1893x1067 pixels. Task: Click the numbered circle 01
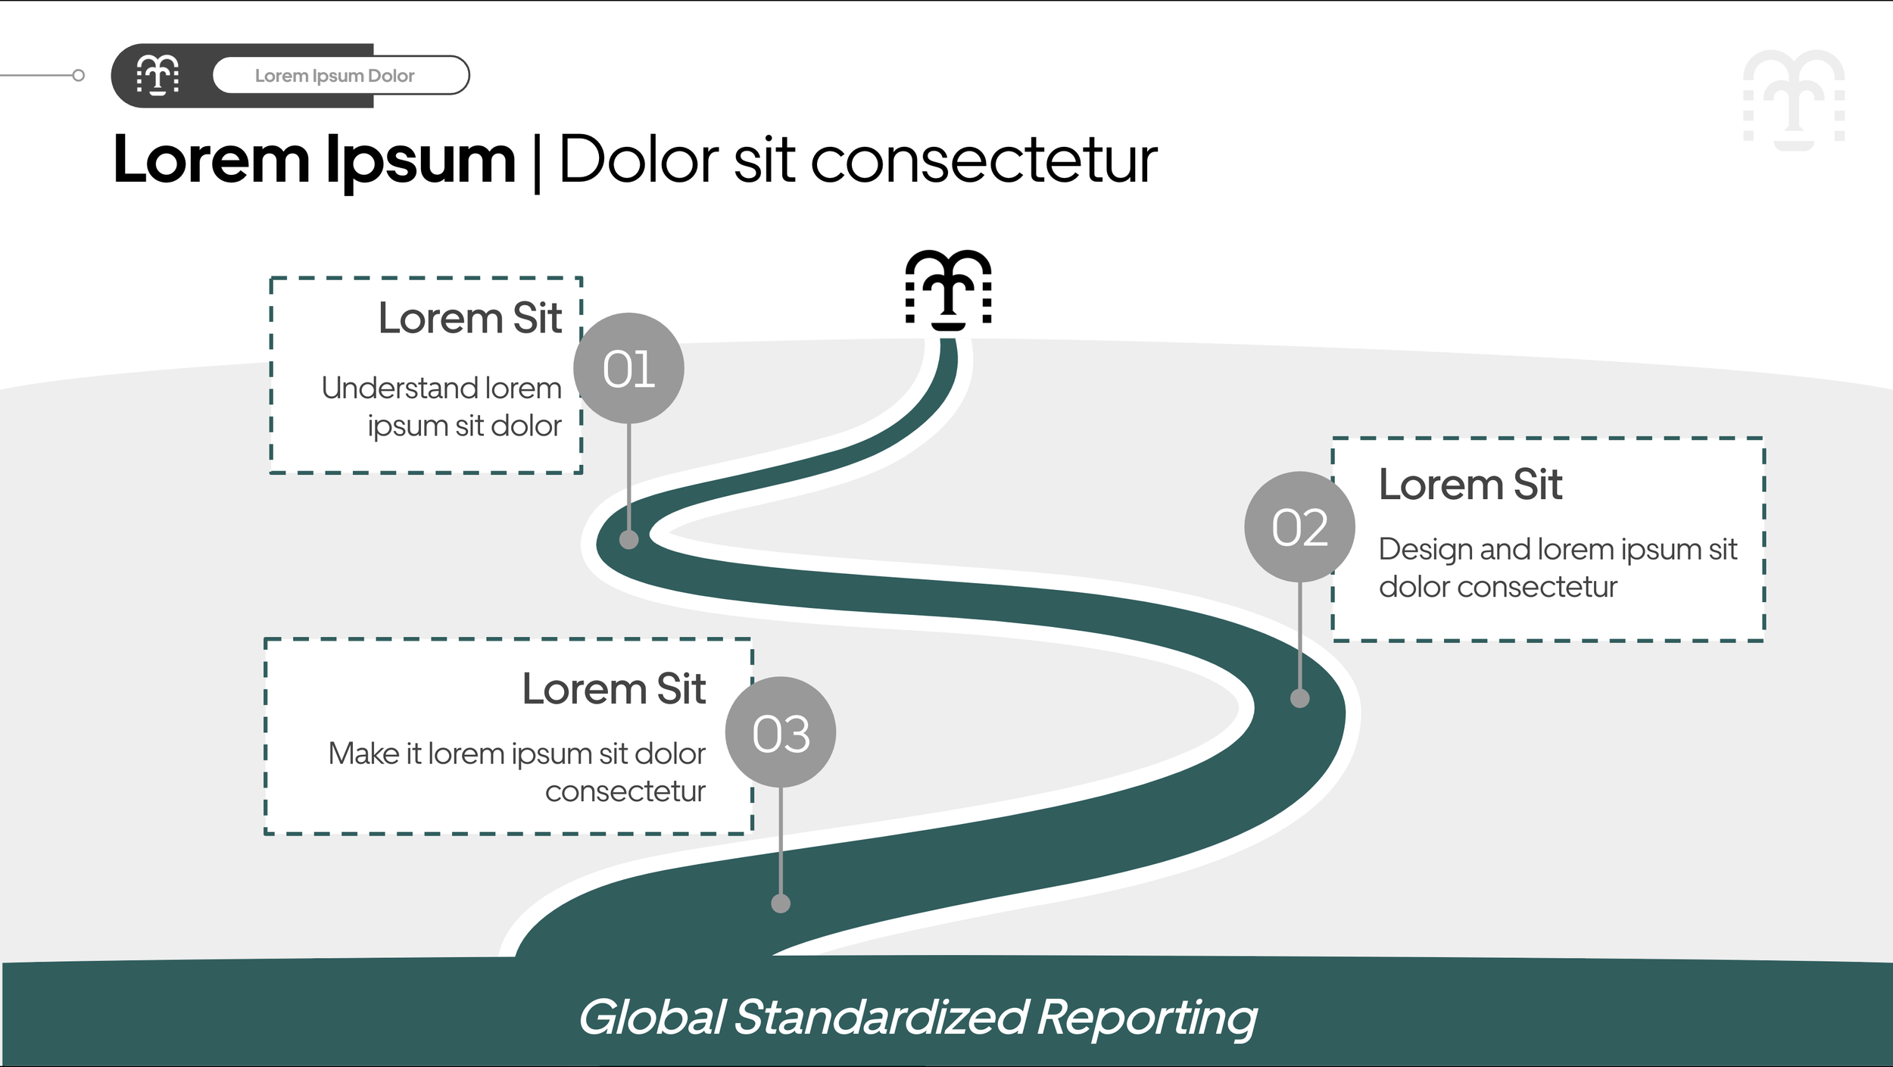click(x=628, y=368)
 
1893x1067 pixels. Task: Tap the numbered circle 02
click(x=1299, y=527)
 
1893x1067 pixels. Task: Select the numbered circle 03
click(x=781, y=732)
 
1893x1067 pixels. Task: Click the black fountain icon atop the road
click(x=949, y=289)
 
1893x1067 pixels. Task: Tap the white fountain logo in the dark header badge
click(x=157, y=75)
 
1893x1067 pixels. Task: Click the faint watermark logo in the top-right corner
click(x=1794, y=99)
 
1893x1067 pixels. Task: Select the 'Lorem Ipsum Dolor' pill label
click(x=335, y=76)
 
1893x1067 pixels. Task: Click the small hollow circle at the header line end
click(x=78, y=75)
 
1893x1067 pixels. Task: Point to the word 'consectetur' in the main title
click(x=984, y=161)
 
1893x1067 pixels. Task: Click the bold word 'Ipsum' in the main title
click(x=420, y=161)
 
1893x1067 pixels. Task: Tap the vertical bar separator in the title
click(x=537, y=163)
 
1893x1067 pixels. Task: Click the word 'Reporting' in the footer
click(x=1146, y=1016)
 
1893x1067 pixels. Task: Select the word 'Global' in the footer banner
click(x=652, y=1016)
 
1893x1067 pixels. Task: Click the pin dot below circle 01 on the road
click(x=628, y=539)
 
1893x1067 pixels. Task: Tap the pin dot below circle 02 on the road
click(x=1299, y=698)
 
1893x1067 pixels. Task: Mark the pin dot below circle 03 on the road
click(x=781, y=903)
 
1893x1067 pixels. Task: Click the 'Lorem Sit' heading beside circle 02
click(x=1470, y=485)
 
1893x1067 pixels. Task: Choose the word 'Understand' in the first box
click(x=399, y=388)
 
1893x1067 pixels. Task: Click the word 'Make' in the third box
click(x=363, y=754)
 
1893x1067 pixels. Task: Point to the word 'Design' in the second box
click(x=1425, y=550)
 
